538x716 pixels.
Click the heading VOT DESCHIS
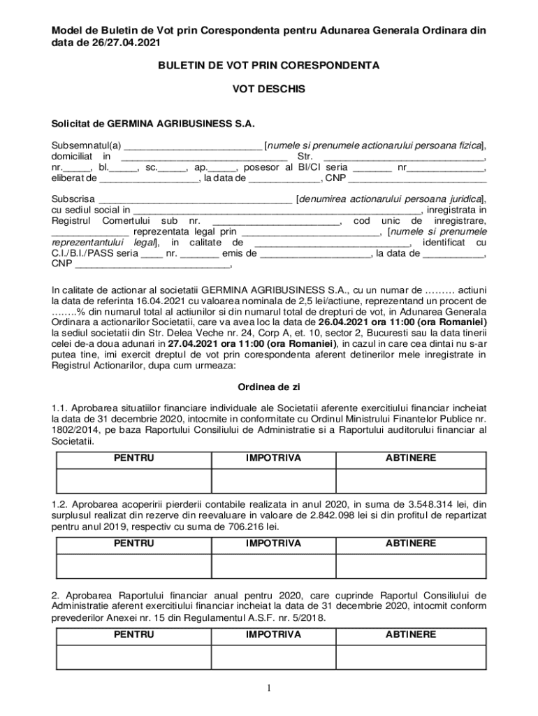coord(269,89)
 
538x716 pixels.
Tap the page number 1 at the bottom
coord(268,689)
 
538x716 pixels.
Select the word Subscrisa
coord(73,199)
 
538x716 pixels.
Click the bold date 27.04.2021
coord(194,344)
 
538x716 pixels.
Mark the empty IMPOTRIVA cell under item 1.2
coord(273,566)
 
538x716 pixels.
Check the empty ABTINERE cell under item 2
coord(410,658)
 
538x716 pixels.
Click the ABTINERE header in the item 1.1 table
coord(410,459)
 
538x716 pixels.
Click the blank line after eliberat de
coord(149,179)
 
